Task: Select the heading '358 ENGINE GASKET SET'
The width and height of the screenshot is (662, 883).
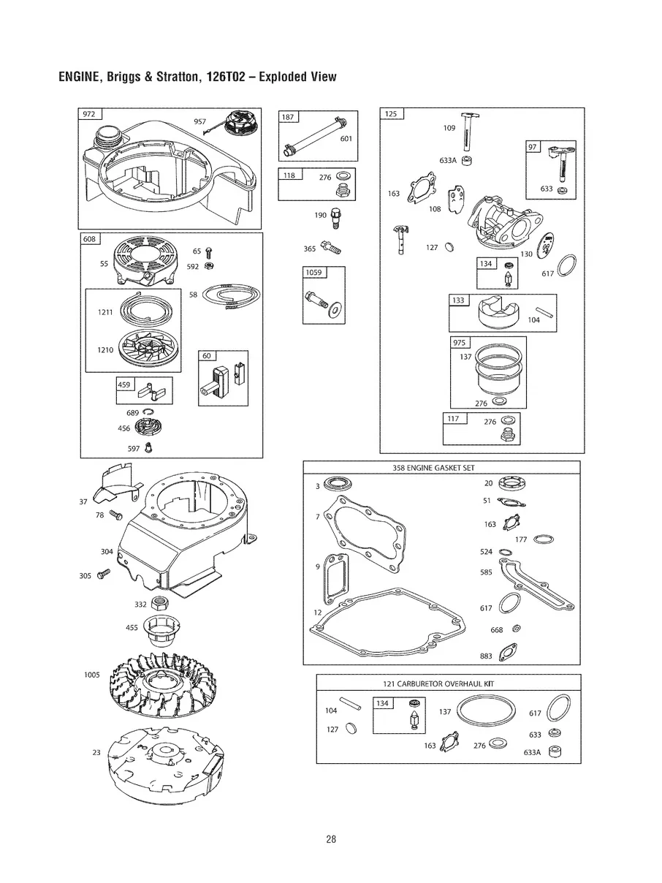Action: [441, 468]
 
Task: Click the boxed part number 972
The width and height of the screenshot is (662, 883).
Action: [89, 114]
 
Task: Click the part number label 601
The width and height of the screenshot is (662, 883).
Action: [346, 139]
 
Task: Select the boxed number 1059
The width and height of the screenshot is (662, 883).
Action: [313, 273]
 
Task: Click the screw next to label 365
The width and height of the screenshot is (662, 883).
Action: [332, 249]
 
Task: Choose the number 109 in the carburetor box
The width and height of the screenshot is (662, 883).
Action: [449, 128]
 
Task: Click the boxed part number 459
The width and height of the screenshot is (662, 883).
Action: [126, 384]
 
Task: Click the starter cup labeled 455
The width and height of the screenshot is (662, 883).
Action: [165, 629]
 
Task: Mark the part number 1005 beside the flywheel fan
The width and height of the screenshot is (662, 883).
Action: [91, 675]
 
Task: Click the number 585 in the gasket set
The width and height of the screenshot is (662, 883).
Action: [486, 572]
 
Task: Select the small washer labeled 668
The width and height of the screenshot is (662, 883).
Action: [517, 629]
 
